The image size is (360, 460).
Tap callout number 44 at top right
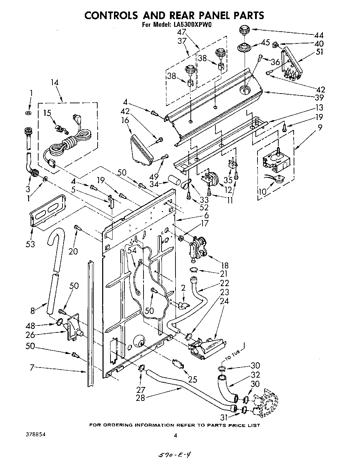tap(319, 35)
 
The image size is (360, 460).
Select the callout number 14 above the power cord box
tap(55, 82)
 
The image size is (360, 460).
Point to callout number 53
tap(30, 244)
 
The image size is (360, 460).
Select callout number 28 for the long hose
tap(140, 398)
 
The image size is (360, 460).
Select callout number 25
tap(192, 379)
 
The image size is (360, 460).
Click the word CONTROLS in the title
tap(111, 15)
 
